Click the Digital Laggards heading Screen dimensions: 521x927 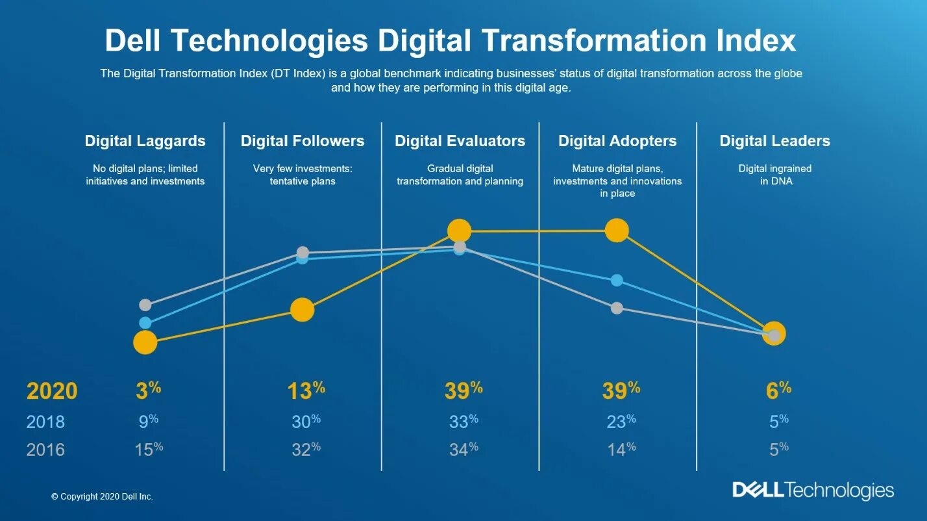pos(145,141)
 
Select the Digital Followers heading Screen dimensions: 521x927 pos(303,141)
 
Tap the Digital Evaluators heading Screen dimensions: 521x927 pos(460,141)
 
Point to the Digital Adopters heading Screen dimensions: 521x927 pos(617,141)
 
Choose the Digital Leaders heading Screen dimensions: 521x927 pos(774,141)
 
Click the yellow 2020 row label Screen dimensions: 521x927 pos(52,391)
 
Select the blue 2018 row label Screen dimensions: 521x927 pos(45,422)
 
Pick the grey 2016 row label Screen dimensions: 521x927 pos(45,450)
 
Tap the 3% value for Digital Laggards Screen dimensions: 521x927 pos(148,390)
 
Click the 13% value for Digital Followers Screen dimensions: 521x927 pos(306,390)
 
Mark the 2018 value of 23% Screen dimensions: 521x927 pos(621,422)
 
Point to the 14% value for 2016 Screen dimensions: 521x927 pos(621,449)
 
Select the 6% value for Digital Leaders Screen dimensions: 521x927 pos(778,390)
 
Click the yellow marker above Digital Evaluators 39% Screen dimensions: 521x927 pos(459,231)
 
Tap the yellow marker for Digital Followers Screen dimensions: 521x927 pos(302,310)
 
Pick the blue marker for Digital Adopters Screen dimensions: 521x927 pos(617,280)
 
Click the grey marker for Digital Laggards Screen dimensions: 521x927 pos(145,305)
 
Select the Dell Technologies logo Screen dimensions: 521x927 pos(813,490)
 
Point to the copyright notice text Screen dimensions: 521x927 pos(102,496)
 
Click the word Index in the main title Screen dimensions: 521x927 pos(752,41)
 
